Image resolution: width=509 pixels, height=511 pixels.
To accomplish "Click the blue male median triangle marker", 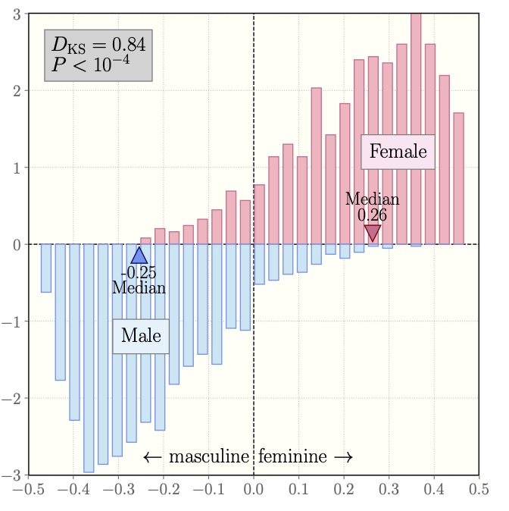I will pyautogui.click(x=139, y=255).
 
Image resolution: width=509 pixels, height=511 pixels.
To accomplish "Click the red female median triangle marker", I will pyautogui.click(x=372, y=233).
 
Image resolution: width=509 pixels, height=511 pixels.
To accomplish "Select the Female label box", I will pyautogui.click(x=398, y=152).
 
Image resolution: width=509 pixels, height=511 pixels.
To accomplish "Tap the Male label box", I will pyautogui.click(x=141, y=335).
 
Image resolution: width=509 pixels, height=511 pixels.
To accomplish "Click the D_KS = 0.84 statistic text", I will pyautogui.click(x=98, y=45).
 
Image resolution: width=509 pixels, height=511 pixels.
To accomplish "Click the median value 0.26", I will pyautogui.click(x=372, y=215).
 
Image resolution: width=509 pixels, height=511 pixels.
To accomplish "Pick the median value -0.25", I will pyautogui.click(x=139, y=273).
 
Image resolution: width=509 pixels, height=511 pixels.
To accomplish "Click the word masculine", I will pyautogui.click(x=209, y=456).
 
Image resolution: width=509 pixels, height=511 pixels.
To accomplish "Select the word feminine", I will pyautogui.click(x=292, y=456).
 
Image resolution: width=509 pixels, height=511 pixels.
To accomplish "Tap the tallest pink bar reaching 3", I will pyautogui.click(x=415, y=129).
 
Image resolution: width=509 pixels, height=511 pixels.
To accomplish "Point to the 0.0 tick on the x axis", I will pyautogui.click(x=253, y=490).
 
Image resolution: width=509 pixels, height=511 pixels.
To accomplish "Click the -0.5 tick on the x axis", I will pyautogui.click(x=28, y=490).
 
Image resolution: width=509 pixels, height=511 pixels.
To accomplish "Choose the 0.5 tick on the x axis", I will pyautogui.click(x=479, y=490).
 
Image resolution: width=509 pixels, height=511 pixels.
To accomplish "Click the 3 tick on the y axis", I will pyautogui.click(x=16, y=14).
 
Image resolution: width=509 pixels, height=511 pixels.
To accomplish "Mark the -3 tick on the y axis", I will pyautogui.click(x=13, y=475).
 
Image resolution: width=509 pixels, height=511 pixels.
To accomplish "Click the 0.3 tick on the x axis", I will pyautogui.click(x=389, y=490).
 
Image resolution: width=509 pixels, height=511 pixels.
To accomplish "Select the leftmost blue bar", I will pyautogui.click(x=45, y=268).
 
